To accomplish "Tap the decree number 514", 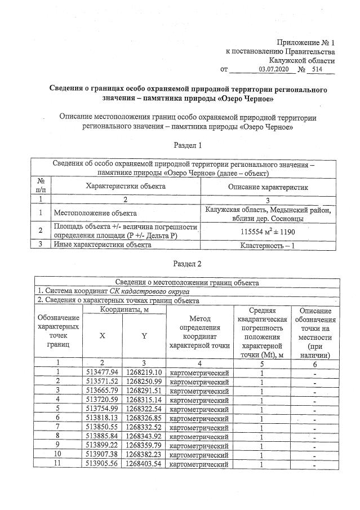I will click(323, 69).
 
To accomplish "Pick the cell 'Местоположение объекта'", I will click(95, 214).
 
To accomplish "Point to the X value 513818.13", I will click(102, 418).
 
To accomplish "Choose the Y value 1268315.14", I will click(144, 400).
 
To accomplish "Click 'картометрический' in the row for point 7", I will click(195, 427).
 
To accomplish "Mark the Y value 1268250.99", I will click(144, 382).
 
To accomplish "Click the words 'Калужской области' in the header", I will click(303, 60).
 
